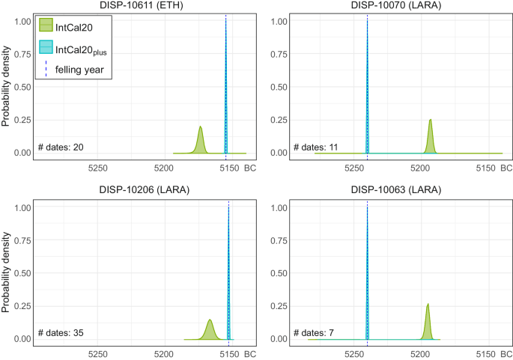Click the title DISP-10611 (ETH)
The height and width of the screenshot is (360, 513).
(142, 6)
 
